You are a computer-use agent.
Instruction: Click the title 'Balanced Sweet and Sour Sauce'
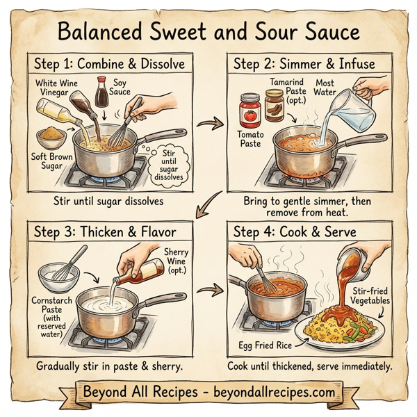tap(208, 31)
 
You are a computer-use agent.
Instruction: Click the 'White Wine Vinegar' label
tap(57, 88)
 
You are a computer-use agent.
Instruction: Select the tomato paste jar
tap(248, 111)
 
